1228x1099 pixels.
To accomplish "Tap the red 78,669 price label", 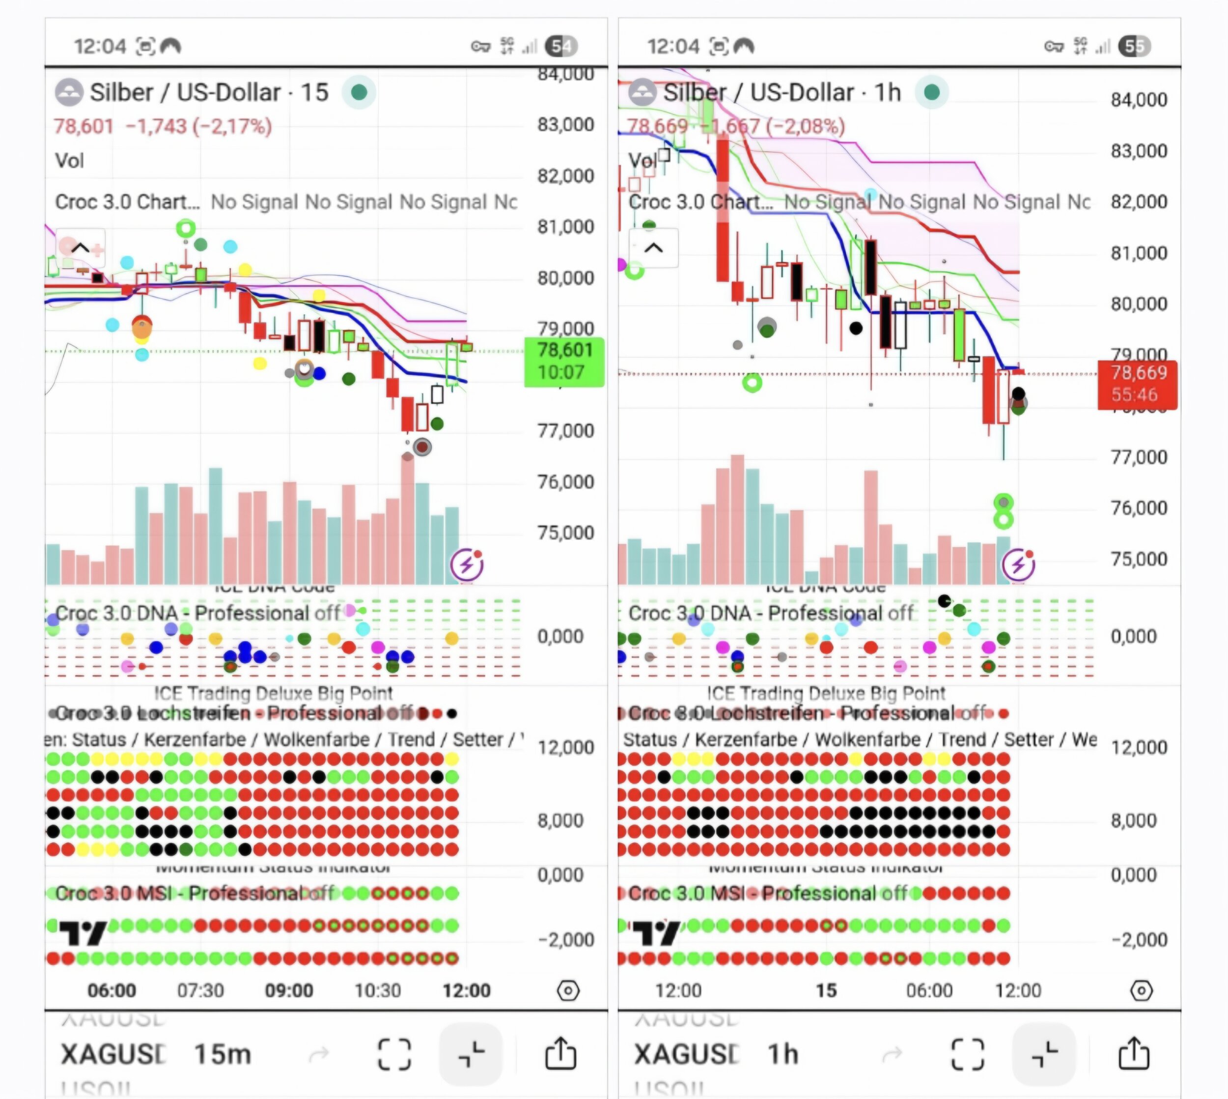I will pos(1137,383).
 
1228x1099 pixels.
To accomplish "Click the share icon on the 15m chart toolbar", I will pos(560,1054).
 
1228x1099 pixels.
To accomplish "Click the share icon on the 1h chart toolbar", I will pos(1134,1054).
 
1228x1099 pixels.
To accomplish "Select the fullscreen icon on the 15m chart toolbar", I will pos(394,1054).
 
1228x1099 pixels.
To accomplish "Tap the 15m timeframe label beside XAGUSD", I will pos(222,1054).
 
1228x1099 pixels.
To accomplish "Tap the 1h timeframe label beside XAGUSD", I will pos(783,1054).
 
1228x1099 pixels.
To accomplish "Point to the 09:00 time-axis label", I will pos(289,990).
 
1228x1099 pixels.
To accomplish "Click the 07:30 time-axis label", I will pos(200,990).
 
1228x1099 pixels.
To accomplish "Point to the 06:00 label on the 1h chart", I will pos(929,990).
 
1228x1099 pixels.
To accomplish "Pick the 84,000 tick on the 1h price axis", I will pos(1139,100).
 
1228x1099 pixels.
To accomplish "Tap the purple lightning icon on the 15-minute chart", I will pos(467,564).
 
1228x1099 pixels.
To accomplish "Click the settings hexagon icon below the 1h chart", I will pos(1141,990).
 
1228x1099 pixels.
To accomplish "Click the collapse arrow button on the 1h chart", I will pos(654,248).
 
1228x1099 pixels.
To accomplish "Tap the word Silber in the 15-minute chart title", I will pos(121,92).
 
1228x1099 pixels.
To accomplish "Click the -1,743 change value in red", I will pos(156,126).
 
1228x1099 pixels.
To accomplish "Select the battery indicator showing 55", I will pos(1134,47).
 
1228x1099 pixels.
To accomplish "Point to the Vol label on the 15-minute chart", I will pos(69,161).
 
